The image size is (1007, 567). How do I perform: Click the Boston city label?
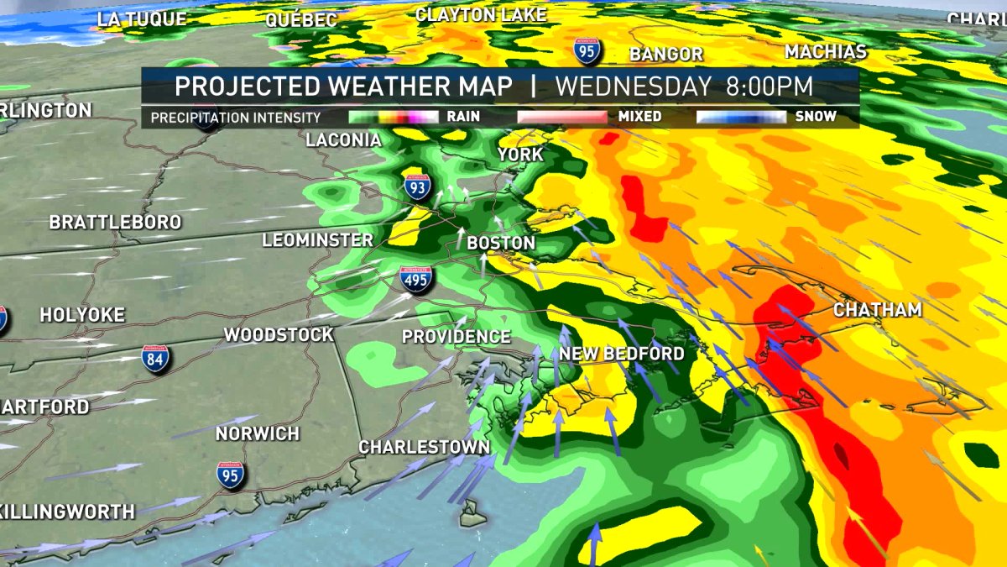pyautogui.click(x=500, y=243)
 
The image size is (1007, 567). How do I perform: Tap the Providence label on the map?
pyautogui.click(x=456, y=337)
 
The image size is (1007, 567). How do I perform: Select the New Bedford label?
pyautogui.click(x=622, y=354)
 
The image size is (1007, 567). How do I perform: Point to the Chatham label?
pyautogui.click(x=878, y=310)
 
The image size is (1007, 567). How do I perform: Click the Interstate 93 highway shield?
pyautogui.click(x=417, y=187)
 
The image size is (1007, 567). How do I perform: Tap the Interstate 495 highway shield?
pyautogui.click(x=416, y=278)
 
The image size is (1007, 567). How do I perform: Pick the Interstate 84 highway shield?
pyautogui.click(x=155, y=360)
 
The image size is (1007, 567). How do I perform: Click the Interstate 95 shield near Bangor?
pyautogui.click(x=587, y=50)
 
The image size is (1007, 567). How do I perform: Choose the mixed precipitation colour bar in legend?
pyautogui.click(x=562, y=117)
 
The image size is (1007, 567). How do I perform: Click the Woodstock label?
pyautogui.click(x=279, y=335)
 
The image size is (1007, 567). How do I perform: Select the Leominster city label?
pyautogui.click(x=317, y=240)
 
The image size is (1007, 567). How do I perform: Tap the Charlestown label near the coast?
pyautogui.click(x=424, y=447)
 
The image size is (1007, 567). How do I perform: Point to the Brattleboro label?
pyautogui.click(x=115, y=223)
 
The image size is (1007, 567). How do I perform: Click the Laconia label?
pyautogui.click(x=337, y=140)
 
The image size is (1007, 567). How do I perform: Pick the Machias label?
pyautogui.click(x=825, y=52)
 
